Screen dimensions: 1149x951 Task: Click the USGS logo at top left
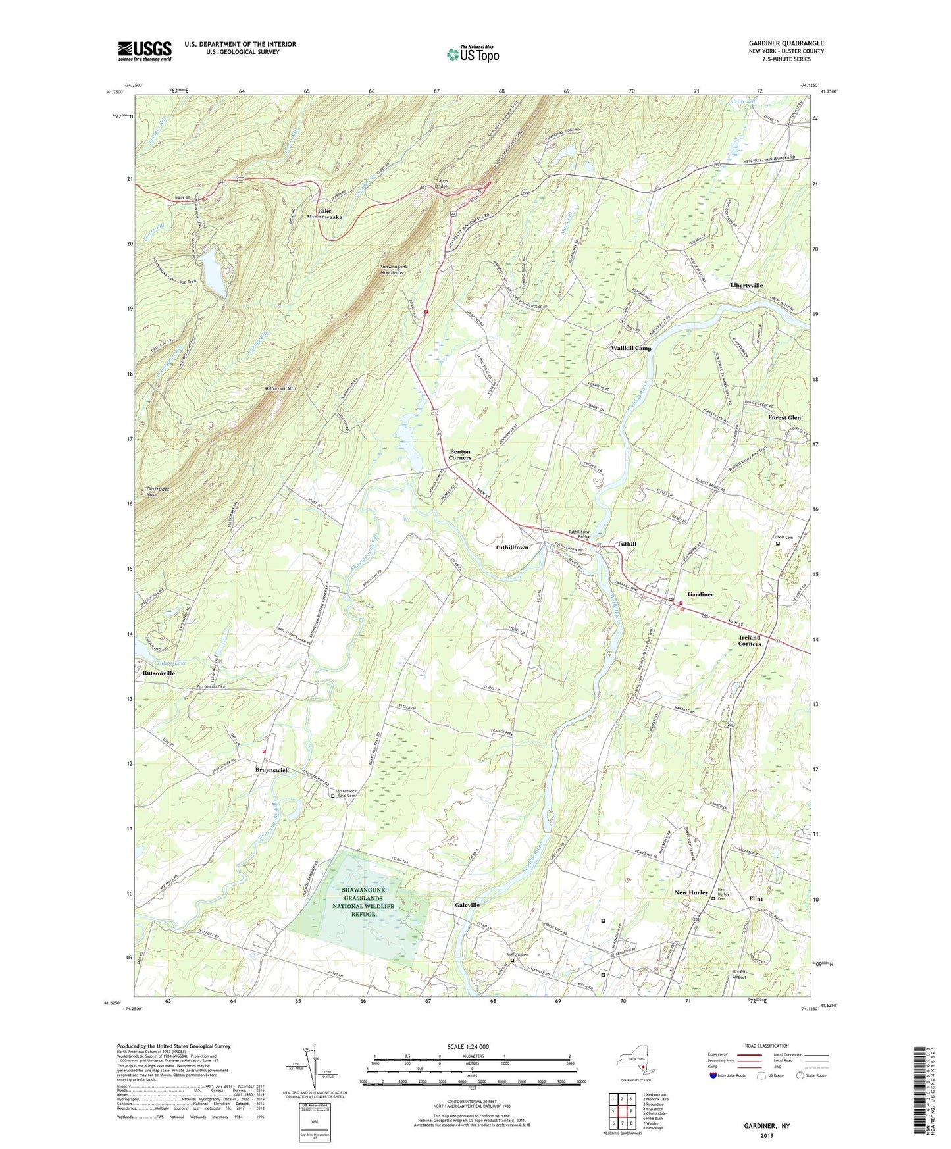[x=145, y=51]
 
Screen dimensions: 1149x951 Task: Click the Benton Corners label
[x=460, y=455]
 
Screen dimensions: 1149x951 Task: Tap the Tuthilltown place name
[x=511, y=548]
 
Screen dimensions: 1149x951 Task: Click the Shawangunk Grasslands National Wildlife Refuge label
[x=363, y=902]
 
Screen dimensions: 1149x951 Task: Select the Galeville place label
[x=467, y=905]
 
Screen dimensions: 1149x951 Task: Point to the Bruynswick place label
[x=272, y=770]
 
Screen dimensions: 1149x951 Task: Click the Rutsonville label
[x=159, y=674]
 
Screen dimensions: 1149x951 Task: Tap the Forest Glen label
[x=784, y=418]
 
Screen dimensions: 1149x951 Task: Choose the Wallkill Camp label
[x=630, y=349]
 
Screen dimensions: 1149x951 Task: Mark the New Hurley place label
[x=691, y=893]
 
